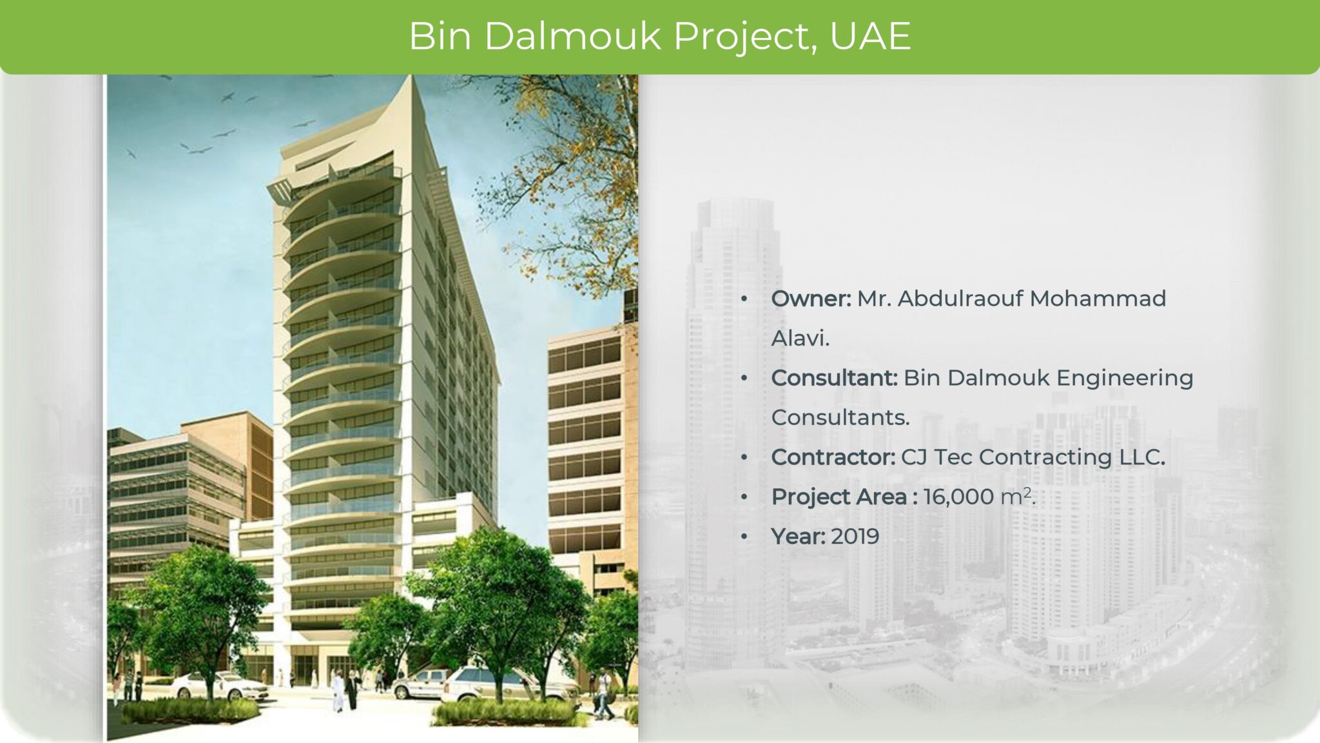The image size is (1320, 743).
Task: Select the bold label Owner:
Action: tap(811, 299)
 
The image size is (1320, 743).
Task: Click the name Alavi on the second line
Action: tap(799, 339)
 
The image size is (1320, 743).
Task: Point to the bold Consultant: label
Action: tap(834, 378)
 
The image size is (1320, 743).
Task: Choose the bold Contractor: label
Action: tap(833, 457)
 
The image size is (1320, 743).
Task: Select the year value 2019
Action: tap(855, 537)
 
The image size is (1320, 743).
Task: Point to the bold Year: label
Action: tap(798, 537)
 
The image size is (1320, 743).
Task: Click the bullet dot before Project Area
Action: tap(744, 497)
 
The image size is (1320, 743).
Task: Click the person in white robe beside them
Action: tap(338, 690)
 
